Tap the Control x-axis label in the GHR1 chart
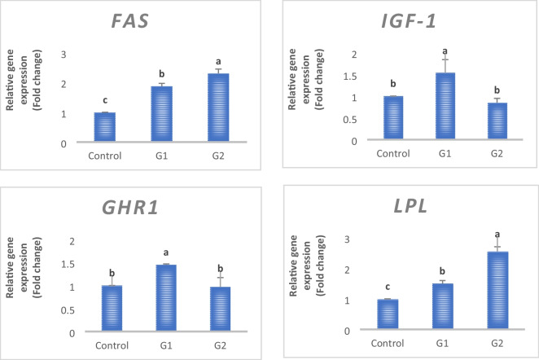click(x=107, y=345)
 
